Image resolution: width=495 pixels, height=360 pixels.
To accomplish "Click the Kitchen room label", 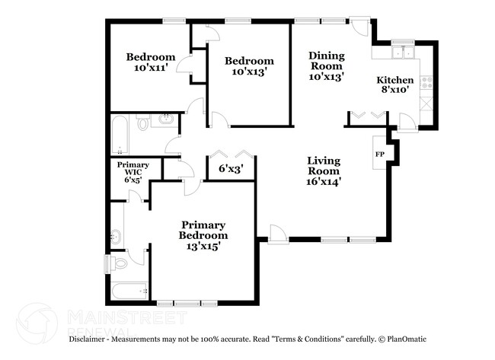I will click(x=395, y=80).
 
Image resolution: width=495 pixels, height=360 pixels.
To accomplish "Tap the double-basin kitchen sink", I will click(x=401, y=53).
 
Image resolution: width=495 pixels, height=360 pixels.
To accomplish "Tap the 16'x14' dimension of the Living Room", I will click(x=324, y=181).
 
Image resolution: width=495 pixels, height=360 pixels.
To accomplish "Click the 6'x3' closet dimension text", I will click(x=230, y=170).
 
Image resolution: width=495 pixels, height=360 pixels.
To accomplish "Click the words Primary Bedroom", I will click(x=203, y=230).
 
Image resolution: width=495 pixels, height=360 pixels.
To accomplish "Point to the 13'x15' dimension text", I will click(x=203, y=247).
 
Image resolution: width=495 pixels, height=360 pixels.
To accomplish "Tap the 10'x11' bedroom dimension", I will click(x=151, y=68).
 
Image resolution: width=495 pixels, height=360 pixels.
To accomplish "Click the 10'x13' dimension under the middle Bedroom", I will click(x=247, y=72).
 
